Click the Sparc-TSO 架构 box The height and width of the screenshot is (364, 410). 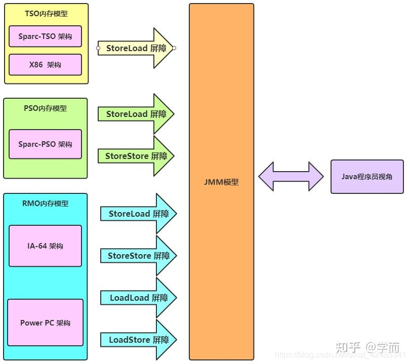pyautogui.click(x=45, y=36)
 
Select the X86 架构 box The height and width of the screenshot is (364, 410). pyautogui.click(x=45, y=65)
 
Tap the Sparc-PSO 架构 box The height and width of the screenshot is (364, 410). pyautogui.click(x=45, y=144)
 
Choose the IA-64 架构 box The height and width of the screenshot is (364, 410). pyautogui.click(x=45, y=246)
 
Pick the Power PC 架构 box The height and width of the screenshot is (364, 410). pyautogui.click(x=45, y=322)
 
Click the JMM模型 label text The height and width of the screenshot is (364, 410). pyautogui.click(x=221, y=182)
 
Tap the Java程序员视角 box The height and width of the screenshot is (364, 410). pyautogui.click(x=367, y=177)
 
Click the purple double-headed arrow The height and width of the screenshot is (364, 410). pyautogui.click(x=291, y=177)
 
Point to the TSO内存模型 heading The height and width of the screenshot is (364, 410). pyautogui.click(x=46, y=14)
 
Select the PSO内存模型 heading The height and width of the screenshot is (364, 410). pyautogui.click(x=45, y=108)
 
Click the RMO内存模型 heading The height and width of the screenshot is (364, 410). pyautogui.click(x=46, y=204)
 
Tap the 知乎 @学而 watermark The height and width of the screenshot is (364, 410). pyautogui.click(x=367, y=347)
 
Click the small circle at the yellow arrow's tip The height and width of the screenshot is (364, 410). pyautogui.click(x=174, y=48)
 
